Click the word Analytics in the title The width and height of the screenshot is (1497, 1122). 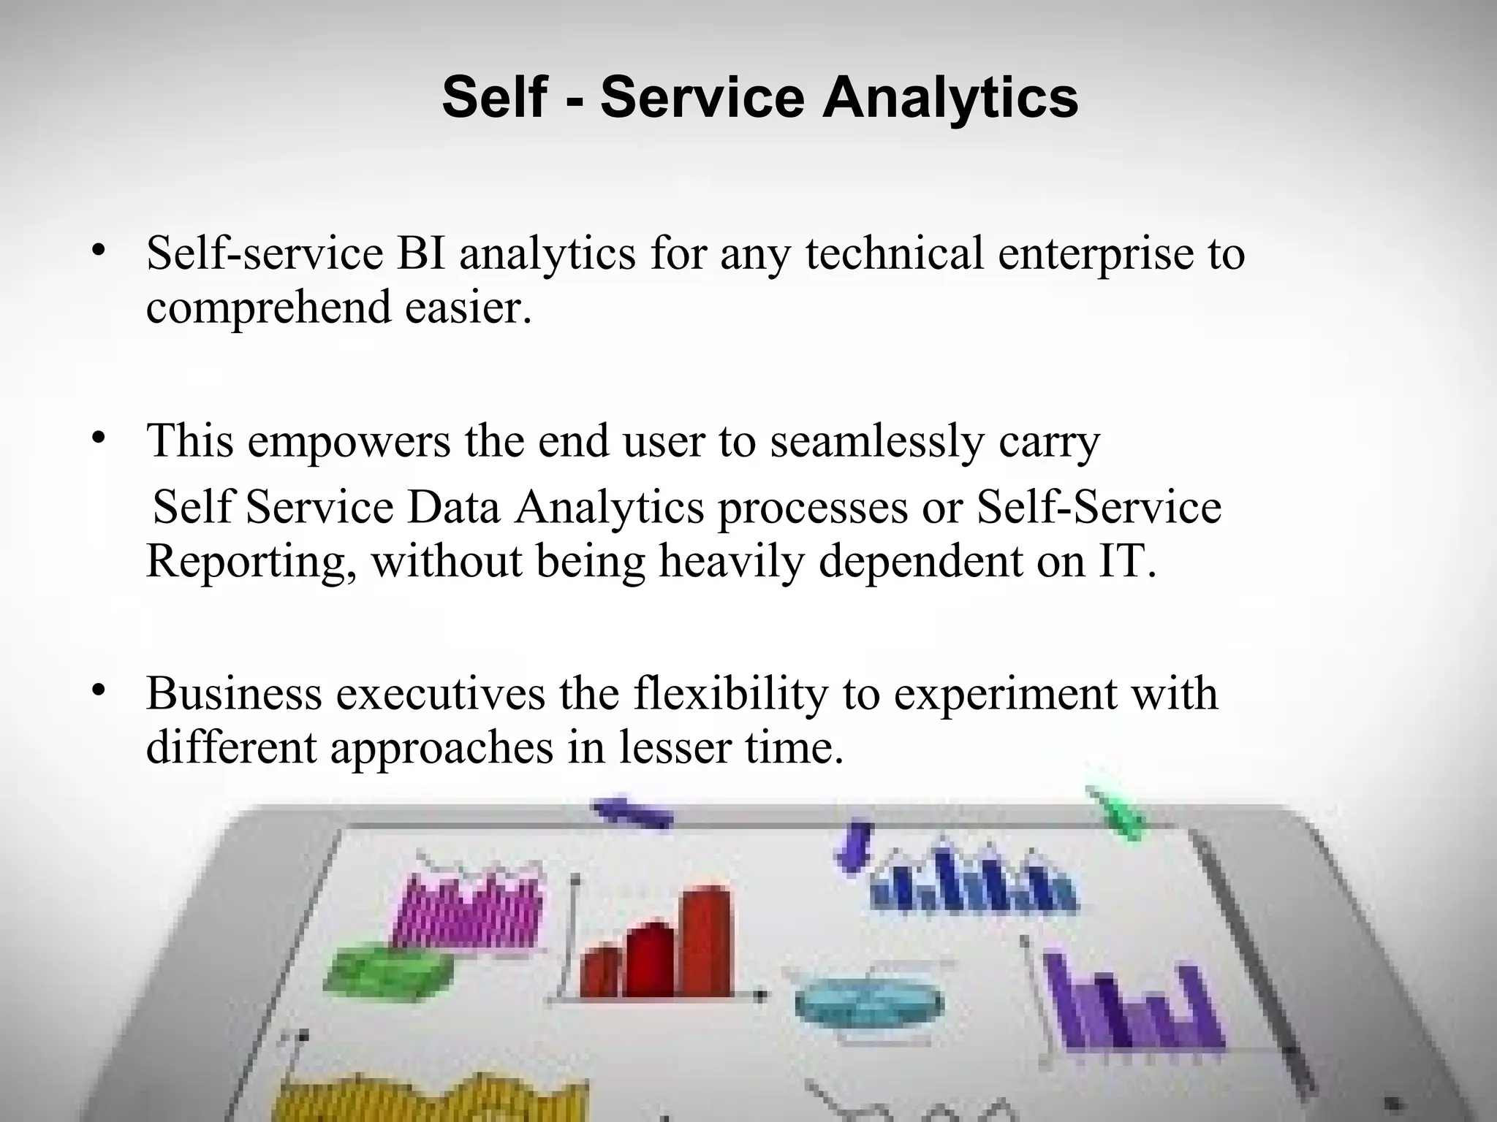950,98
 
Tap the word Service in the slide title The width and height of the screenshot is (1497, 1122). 702,98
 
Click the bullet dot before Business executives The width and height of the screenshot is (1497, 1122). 99,690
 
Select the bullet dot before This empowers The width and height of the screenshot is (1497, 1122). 99,439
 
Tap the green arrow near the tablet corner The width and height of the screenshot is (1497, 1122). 1118,814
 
